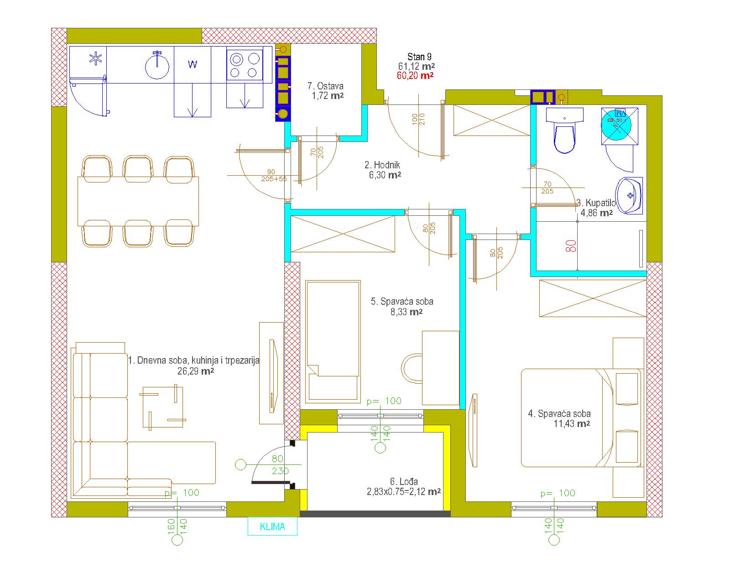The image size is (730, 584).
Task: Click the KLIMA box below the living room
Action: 272,527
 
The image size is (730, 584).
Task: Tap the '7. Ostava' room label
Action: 325,86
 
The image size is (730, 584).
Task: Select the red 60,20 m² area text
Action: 415,75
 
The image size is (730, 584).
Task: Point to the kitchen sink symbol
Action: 157,66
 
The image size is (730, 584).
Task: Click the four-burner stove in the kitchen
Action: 245,65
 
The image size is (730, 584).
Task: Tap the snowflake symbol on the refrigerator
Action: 96,58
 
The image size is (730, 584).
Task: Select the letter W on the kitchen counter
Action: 193,64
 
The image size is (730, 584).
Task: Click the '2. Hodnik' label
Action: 382,165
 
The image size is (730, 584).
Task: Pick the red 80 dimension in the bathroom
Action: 571,246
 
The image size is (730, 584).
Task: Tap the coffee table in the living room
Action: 163,407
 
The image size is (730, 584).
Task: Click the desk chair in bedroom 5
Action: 412,369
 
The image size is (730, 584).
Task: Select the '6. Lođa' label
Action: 404,481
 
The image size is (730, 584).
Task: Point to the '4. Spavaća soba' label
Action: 559,414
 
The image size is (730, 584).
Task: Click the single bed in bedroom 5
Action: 333,342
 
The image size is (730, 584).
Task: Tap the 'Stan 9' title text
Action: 419,57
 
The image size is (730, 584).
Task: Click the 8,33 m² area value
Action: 407,312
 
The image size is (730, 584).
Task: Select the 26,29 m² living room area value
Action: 196,371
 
